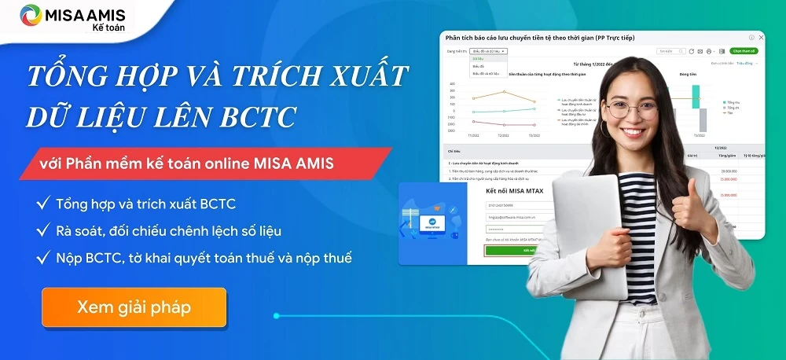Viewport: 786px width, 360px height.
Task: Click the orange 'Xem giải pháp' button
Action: coord(134,307)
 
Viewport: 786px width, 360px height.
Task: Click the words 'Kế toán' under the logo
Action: coord(108,28)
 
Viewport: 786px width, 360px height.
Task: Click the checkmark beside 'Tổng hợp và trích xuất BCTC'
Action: coord(43,204)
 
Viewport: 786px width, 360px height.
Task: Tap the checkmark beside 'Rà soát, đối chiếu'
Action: coord(43,231)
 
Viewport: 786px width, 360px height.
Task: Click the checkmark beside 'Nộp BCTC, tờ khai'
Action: coord(43,258)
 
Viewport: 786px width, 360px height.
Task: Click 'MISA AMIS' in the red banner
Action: coord(299,164)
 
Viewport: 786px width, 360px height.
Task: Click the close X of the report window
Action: coord(760,38)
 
